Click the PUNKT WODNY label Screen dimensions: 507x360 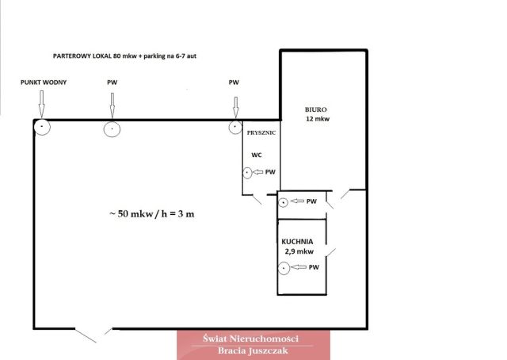44,82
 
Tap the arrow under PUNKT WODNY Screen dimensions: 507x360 41,104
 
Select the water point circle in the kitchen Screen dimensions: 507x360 284,268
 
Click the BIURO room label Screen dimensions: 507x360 315,109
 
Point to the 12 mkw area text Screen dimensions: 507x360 318,119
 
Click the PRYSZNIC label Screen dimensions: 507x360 261,132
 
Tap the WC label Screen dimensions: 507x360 257,155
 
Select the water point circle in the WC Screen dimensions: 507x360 247,173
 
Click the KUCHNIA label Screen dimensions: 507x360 297,242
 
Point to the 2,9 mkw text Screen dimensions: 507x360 299,251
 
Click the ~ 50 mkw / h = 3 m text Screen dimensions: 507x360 152,214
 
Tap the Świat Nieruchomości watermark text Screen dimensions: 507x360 250,339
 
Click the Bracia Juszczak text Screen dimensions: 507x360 253,350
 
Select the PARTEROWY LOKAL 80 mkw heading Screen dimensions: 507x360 124,56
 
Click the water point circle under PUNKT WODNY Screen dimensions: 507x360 42,127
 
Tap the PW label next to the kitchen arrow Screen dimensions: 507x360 314,267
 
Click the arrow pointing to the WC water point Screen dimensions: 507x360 257,172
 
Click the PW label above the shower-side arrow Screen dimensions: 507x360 234,82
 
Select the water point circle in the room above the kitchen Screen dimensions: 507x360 284,203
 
